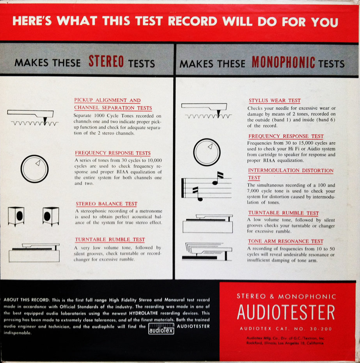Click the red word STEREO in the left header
[106, 62]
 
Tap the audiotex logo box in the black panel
[161, 329]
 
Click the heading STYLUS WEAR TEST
[275, 101]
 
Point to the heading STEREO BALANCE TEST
[106, 204]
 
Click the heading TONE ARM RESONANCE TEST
[286, 241]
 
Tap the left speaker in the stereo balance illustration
[16, 216]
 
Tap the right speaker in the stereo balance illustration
[51, 216]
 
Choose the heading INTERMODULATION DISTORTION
[291, 170]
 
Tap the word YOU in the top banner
[325, 22]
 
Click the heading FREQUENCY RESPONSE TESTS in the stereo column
[113, 153]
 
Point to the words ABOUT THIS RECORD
[27, 300]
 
